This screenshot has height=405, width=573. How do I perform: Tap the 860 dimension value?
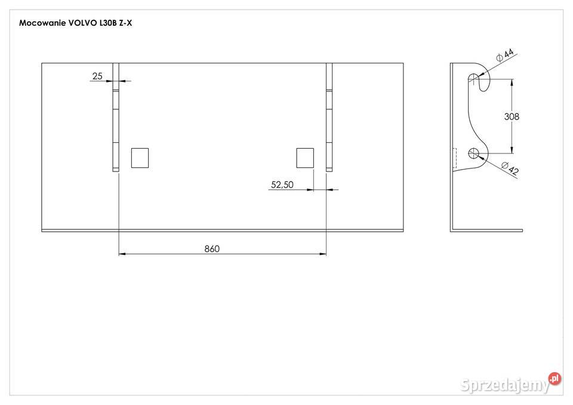tap(212, 248)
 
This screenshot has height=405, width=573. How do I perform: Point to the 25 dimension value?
tap(97, 76)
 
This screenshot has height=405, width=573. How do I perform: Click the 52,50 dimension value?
tap(282, 185)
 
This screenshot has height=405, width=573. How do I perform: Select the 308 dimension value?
tap(512, 116)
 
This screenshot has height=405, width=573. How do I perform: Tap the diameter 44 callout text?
tap(505, 54)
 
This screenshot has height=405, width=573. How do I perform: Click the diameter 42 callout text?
tap(510, 168)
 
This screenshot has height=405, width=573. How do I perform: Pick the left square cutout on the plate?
tap(140, 158)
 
